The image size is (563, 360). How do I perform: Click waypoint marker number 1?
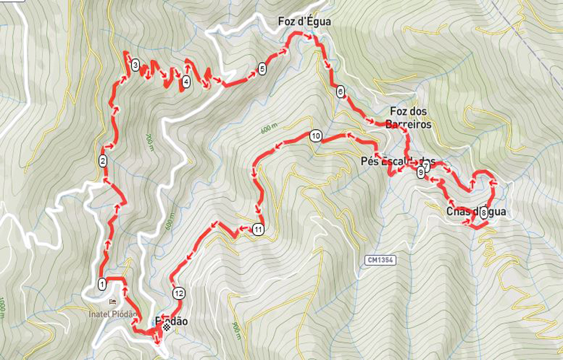click(x=102, y=285)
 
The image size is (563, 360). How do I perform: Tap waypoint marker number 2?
click(x=103, y=162)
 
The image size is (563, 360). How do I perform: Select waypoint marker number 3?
click(x=135, y=66)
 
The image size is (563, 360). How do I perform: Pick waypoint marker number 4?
click(x=186, y=83)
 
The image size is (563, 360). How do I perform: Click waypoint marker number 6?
click(x=340, y=92)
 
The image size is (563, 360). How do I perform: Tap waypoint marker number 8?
click(x=483, y=214)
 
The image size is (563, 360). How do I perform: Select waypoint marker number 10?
click(x=315, y=137)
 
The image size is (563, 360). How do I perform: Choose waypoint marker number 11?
click(x=258, y=229)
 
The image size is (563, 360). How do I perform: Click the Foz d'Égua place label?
click(x=304, y=22)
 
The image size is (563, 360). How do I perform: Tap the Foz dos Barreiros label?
click(x=409, y=117)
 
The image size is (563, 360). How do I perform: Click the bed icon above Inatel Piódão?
click(x=112, y=302)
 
